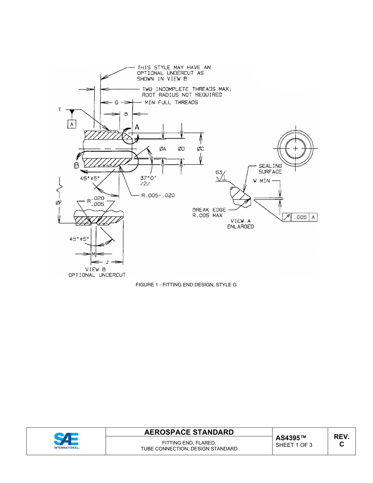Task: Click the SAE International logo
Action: pos(66,441)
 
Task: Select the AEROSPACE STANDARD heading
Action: pos(189,432)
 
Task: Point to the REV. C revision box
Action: pos(342,441)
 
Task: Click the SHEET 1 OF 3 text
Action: pos(294,445)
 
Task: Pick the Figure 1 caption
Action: pos(186,284)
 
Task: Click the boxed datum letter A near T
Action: pos(71,124)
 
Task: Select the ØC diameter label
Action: pos(200,149)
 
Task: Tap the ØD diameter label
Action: pos(181,149)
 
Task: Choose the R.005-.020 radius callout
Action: pos(158,195)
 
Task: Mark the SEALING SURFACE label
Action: pos(270,169)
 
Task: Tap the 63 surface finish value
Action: pos(219,172)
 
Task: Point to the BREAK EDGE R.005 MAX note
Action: pos(207,212)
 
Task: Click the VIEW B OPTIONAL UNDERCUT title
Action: pos(97,273)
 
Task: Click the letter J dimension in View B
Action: pos(107,262)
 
